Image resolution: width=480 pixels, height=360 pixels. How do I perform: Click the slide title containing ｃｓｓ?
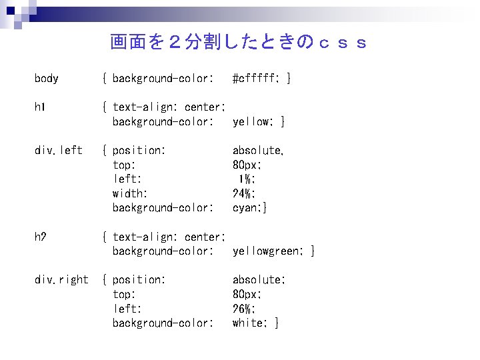click(238, 43)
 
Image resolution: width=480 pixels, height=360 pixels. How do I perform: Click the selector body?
click(47, 79)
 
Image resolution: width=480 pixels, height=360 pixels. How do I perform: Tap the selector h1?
click(40, 107)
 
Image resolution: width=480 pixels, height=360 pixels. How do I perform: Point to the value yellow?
click(252, 121)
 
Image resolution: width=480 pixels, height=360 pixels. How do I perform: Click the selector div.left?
click(59, 151)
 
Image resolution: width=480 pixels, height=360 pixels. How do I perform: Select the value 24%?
click(242, 193)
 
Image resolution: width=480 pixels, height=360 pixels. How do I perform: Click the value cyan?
click(247, 208)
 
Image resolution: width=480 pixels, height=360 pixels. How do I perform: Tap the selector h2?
click(40, 237)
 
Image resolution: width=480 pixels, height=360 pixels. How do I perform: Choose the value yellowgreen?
click(267, 251)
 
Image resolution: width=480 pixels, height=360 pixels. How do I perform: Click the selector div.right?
click(61, 280)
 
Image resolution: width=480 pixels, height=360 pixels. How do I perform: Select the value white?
click(247, 323)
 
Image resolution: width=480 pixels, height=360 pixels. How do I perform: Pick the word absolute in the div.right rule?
click(257, 280)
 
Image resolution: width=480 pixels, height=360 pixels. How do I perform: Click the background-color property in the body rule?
click(163, 79)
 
